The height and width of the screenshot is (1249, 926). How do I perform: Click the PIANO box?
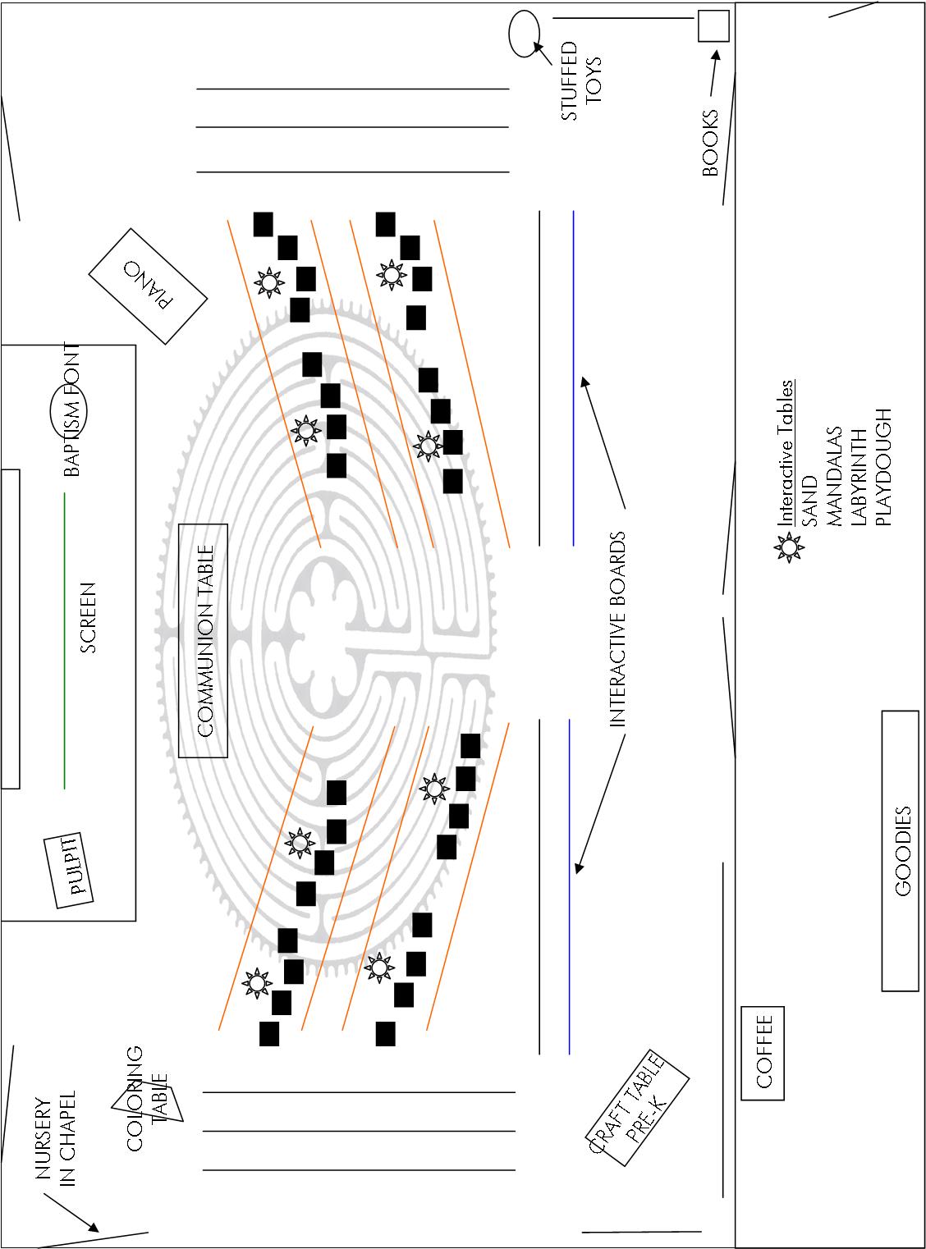149,286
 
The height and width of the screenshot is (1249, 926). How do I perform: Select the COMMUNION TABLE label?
204,640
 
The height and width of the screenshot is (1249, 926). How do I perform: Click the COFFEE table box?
763,1052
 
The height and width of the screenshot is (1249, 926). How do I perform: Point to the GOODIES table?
901,850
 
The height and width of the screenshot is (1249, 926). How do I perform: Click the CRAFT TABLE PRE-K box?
638,1107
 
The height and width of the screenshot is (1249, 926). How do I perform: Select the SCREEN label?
89,617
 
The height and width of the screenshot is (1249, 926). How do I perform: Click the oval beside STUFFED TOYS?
523,34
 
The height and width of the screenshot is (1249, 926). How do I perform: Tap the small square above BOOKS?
713,25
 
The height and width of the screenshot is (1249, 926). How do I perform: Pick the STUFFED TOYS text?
581,81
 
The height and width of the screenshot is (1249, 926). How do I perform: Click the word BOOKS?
710,144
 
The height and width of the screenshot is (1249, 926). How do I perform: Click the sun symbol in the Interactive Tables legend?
789,547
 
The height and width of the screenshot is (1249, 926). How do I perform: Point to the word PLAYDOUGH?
882,466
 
